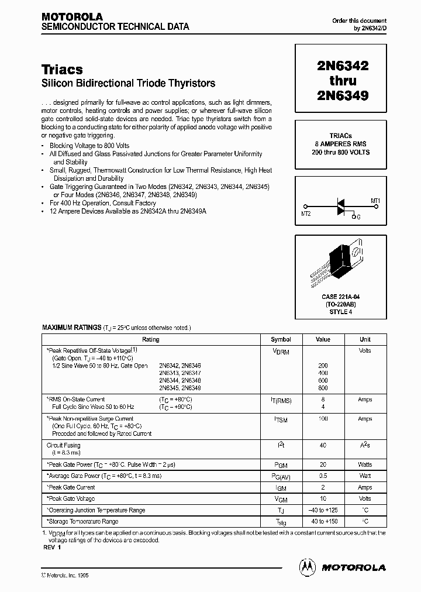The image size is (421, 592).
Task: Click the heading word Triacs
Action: coord(62,70)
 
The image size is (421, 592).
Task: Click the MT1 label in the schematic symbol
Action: coord(375,201)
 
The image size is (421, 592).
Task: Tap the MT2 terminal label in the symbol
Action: coord(306,214)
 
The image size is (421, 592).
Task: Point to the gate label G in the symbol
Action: coord(358,217)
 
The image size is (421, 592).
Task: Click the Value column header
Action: coord(323,339)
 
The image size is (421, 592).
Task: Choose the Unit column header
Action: coord(365,339)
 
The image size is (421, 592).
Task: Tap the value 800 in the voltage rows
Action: coord(323,388)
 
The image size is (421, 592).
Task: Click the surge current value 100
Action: coord(323,419)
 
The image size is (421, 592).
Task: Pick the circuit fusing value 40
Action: coord(323,445)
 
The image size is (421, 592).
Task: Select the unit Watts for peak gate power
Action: coord(365,464)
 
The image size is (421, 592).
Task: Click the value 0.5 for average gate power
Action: coord(323,476)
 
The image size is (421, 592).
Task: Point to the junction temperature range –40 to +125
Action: coord(323,510)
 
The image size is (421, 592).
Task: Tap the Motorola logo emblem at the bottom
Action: coord(308,567)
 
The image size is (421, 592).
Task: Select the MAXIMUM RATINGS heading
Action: coord(71,328)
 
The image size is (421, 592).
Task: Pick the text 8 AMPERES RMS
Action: coord(341,144)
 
